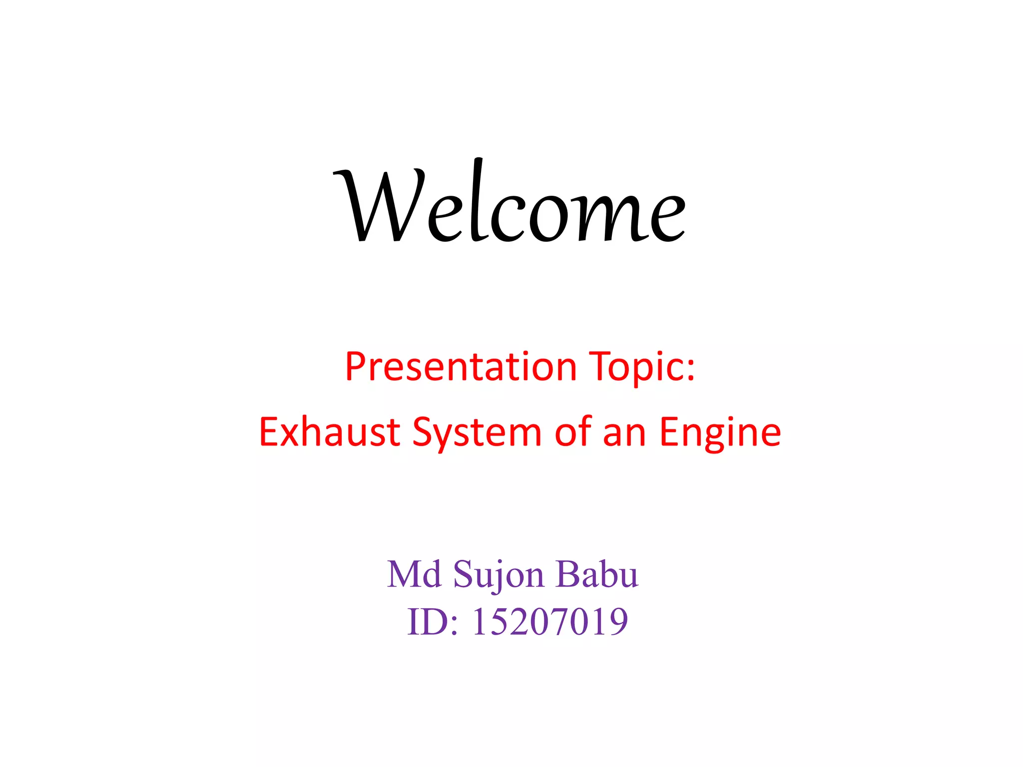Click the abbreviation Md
tap(414, 574)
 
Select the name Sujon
tap(498, 575)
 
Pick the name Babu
tap(597, 574)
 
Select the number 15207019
tap(550, 622)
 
